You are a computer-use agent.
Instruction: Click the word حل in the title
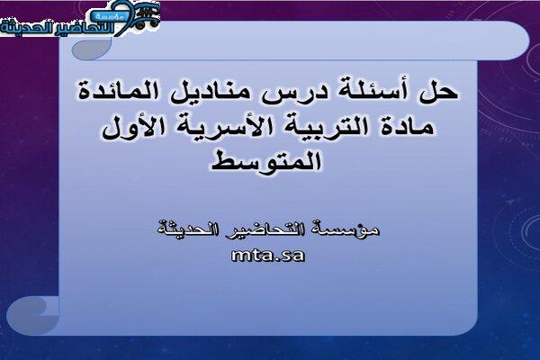pyautogui.click(x=438, y=92)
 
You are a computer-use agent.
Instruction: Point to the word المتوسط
pyautogui.click(x=266, y=161)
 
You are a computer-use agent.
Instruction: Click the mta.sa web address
pyautogui.click(x=268, y=256)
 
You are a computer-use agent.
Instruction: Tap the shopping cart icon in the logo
pyautogui.click(x=147, y=15)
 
